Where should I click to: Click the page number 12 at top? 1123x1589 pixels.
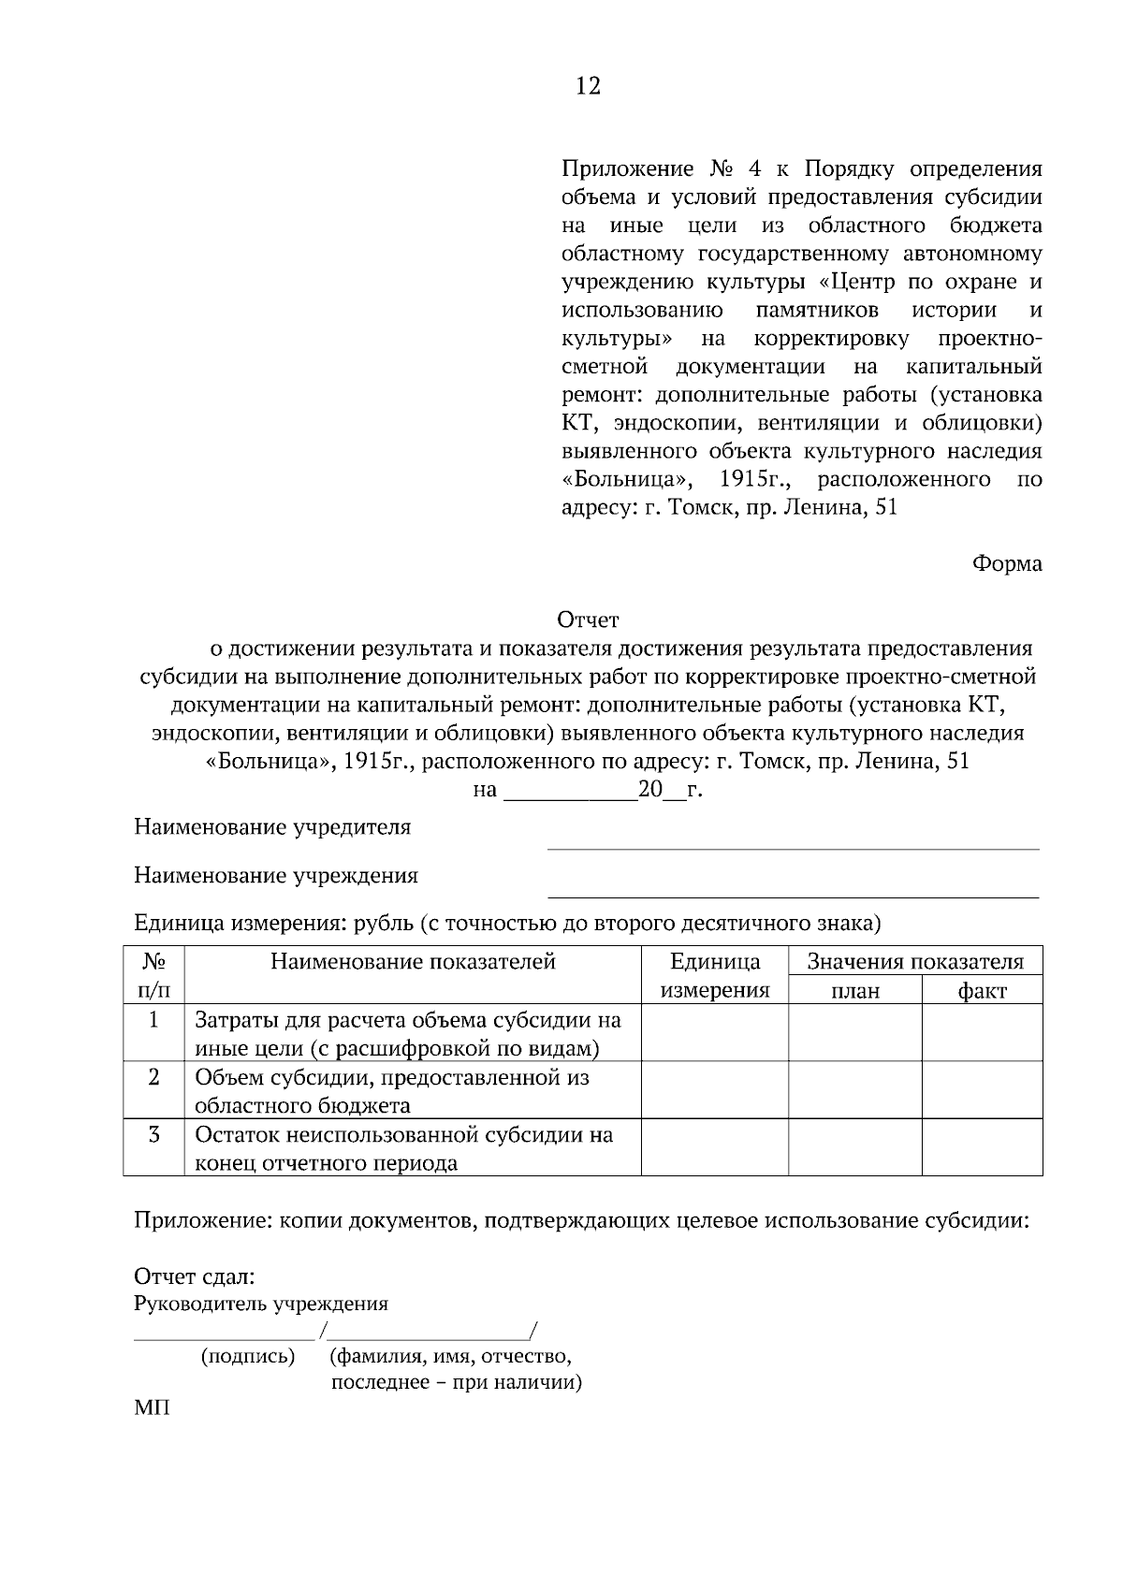tap(588, 87)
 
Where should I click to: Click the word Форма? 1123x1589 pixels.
tap(1007, 564)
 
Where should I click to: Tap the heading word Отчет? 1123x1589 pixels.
tap(588, 620)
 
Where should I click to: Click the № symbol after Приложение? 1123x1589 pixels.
tap(721, 169)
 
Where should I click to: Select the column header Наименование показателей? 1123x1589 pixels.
tap(413, 962)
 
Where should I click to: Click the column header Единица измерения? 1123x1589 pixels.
tap(715, 976)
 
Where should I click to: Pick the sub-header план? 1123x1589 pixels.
tap(855, 991)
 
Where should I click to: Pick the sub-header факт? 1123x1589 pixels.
tap(982, 991)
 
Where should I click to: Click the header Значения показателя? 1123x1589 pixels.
tap(915, 962)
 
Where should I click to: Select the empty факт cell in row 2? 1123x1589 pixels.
tap(982, 1090)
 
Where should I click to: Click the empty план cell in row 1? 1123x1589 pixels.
tap(855, 1032)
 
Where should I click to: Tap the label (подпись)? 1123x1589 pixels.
tap(248, 1356)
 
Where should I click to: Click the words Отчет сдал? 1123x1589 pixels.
tap(195, 1277)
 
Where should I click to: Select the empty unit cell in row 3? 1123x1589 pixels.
tap(715, 1148)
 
